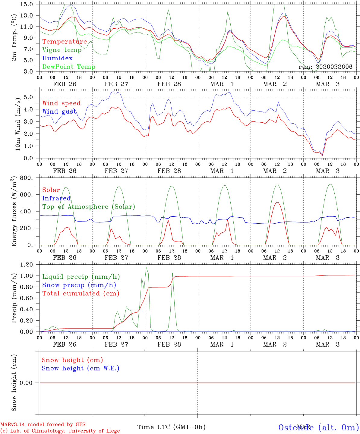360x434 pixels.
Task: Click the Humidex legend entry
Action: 57,58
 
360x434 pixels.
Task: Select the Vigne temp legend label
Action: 62,50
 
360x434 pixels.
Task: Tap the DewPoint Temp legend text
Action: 69,67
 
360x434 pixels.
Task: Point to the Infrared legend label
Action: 56,198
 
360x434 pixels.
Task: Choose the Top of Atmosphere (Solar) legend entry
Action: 89,207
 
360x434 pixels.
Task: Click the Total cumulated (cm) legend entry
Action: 81,294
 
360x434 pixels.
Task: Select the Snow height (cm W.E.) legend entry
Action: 81,368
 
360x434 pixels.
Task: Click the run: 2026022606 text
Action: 325,67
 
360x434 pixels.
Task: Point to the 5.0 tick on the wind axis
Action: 29,97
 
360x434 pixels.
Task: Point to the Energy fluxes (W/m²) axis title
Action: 14,212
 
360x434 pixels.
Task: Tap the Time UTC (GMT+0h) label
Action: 171,427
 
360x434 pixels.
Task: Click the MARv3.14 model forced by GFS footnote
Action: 43,425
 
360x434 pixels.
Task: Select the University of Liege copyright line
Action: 60,431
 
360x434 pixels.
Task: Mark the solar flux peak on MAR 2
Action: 277,202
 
